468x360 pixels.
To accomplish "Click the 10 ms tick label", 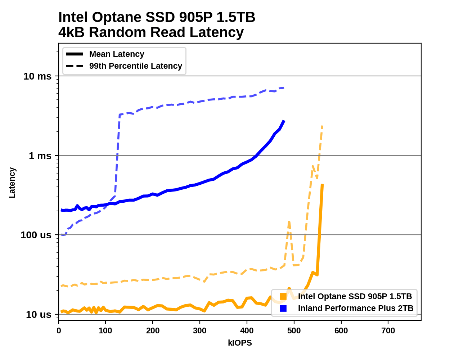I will click(x=37, y=76).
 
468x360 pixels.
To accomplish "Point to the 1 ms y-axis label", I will click(x=40, y=156).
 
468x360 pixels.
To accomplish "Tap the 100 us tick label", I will click(x=36, y=235).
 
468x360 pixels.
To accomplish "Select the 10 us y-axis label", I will click(x=39, y=315).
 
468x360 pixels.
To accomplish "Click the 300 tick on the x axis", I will click(x=200, y=331).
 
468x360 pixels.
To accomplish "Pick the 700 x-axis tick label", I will click(x=388, y=331).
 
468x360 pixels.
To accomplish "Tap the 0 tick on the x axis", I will click(x=59, y=331).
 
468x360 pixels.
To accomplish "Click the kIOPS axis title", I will click(x=240, y=343).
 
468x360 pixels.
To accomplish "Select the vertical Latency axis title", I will click(x=12, y=183).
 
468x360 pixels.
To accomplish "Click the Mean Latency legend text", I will click(x=117, y=54).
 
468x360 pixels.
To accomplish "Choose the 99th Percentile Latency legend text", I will click(x=136, y=66).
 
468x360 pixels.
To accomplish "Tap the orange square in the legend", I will click(x=283, y=297).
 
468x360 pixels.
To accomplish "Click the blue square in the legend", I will click(x=283, y=309).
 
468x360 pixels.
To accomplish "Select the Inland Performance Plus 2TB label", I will click(x=356, y=309).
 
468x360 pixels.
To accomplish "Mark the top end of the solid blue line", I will click(x=284, y=121).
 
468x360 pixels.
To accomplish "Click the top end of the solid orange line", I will click(x=322, y=184).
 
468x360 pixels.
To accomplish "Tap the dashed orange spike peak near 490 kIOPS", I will click(x=289, y=222).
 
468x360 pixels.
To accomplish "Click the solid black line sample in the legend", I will click(x=75, y=54).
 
